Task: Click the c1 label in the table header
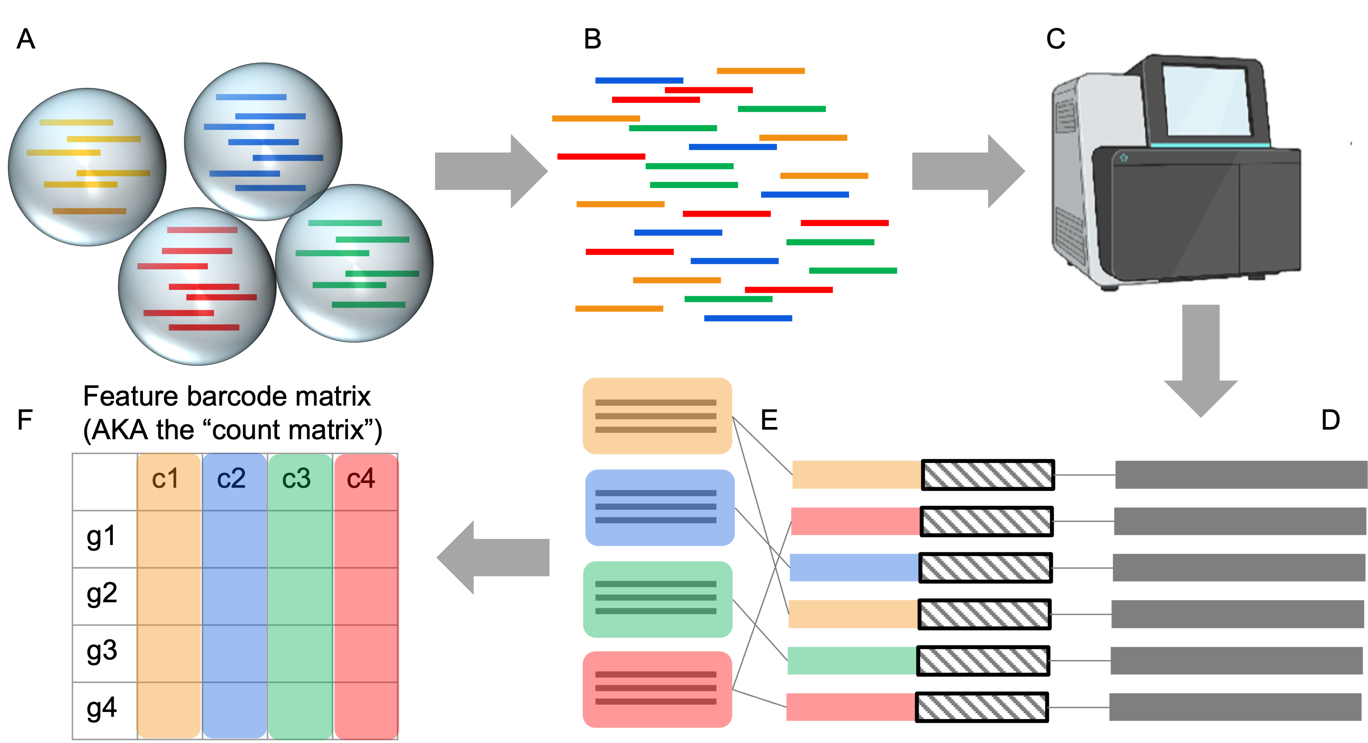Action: (x=165, y=479)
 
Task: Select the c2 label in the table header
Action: (x=231, y=479)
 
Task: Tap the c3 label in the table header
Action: (x=296, y=479)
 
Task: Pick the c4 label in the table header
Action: (x=361, y=479)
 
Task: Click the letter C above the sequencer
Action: (x=1056, y=39)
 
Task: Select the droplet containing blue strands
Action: (x=263, y=141)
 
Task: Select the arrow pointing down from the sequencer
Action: (x=1201, y=361)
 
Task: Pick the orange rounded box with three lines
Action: (x=657, y=416)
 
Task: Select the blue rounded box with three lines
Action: (x=660, y=507)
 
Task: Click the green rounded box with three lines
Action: (x=657, y=599)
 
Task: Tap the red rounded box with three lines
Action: (x=657, y=689)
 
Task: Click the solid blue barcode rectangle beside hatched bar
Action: (x=854, y=567)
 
